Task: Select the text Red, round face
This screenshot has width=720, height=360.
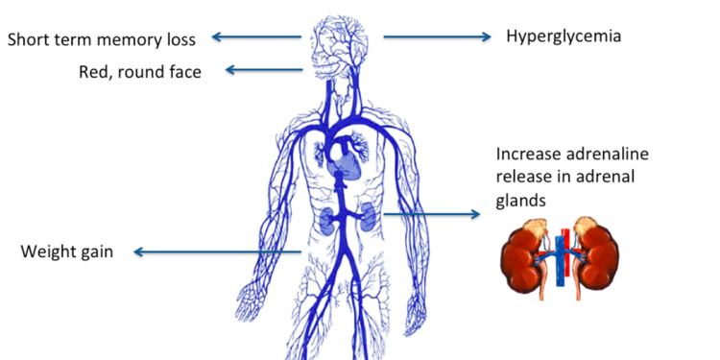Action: coord(140,71)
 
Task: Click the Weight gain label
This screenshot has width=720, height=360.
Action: coord(67,252)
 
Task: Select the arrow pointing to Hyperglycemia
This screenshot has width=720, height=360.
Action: coord(436,37)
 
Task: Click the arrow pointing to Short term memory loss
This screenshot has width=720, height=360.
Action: coord(257,37)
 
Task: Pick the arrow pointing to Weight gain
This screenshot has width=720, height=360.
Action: coord(221,252)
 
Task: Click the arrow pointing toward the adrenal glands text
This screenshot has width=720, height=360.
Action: coord(432,213)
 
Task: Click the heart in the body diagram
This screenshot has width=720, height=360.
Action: coord(343,159)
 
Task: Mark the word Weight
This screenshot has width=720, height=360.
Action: coord(47,252)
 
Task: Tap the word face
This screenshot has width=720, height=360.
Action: coord(182,71)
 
